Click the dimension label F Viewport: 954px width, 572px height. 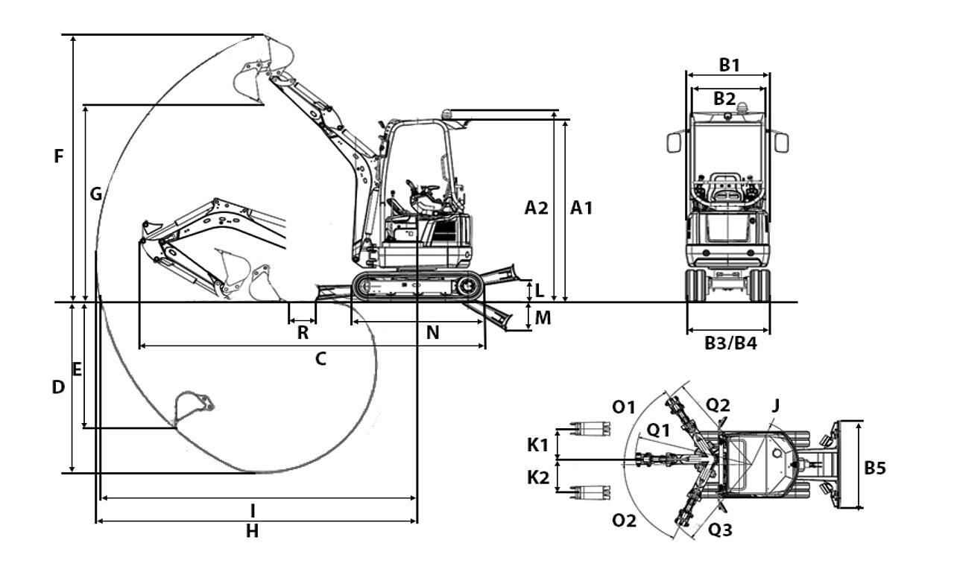59,156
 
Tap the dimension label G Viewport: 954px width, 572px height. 96,194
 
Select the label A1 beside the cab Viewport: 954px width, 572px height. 581,209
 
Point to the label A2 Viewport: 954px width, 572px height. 536,209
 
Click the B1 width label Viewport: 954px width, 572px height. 729,65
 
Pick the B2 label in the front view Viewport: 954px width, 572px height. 724,98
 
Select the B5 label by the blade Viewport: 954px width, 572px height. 875,468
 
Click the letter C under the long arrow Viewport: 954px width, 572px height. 320,359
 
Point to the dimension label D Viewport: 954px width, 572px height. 59,387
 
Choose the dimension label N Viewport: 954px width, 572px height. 432,333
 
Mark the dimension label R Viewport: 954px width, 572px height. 303,333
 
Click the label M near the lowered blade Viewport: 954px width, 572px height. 543,318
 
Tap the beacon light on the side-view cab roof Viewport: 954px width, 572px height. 446,113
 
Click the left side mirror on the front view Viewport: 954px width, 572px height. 675,142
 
